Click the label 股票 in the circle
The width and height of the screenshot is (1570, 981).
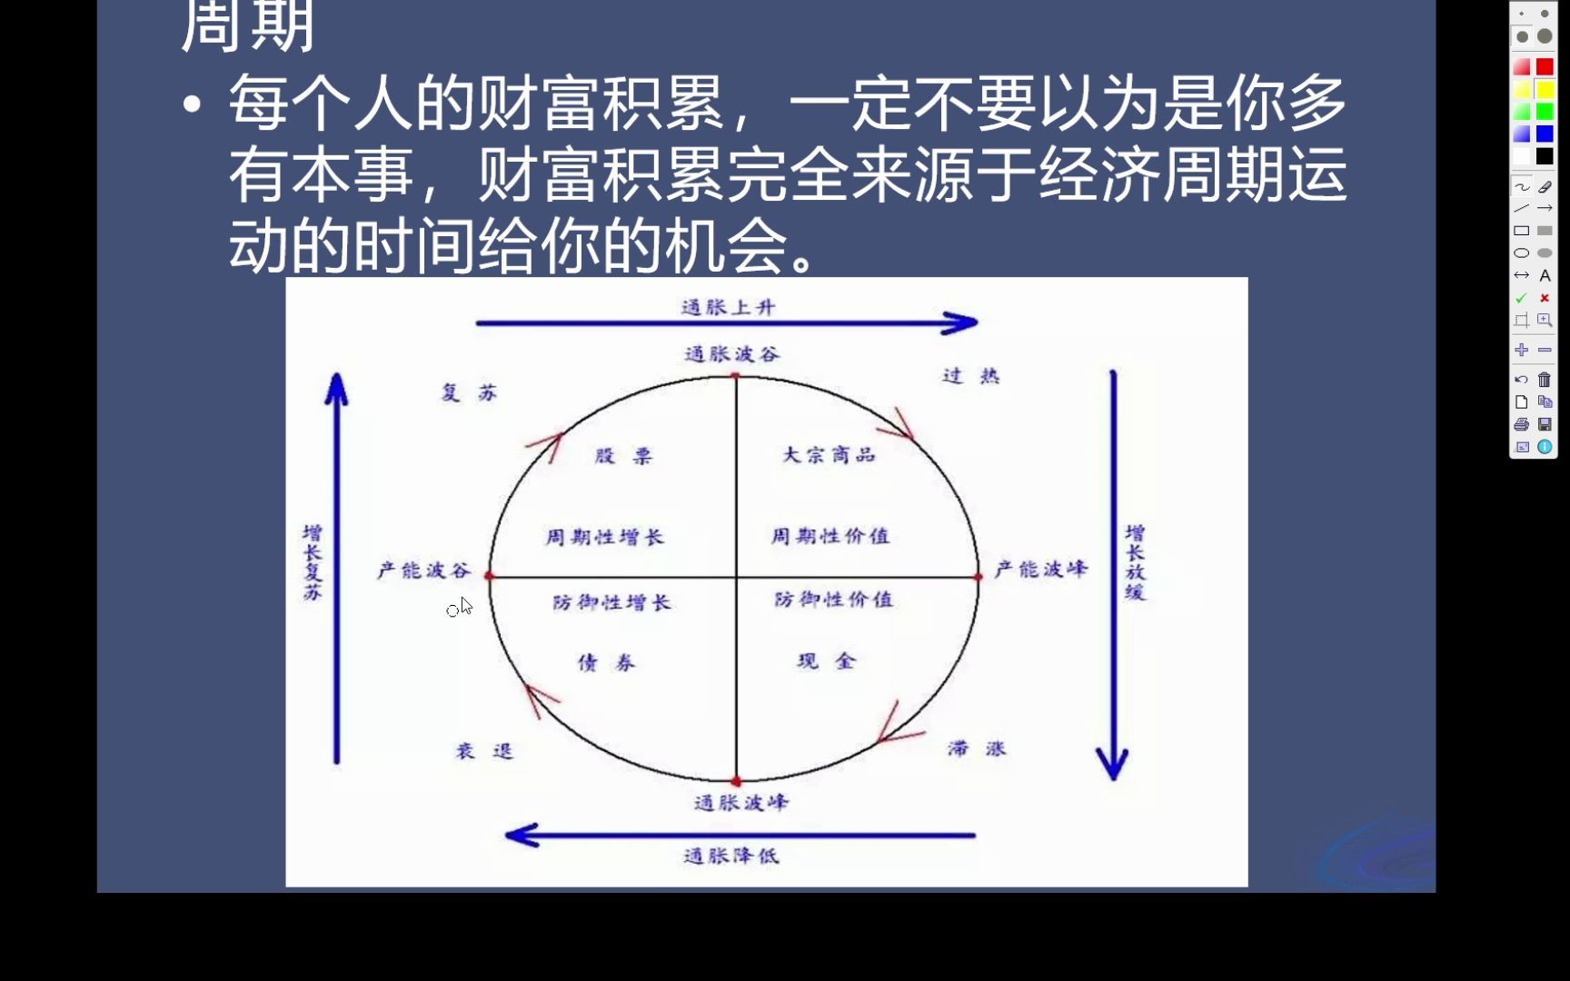pos(624,456)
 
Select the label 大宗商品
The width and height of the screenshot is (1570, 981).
pos(829,455)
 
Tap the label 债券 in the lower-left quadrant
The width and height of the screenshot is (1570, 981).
pos(607,663)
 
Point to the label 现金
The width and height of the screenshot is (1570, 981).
pos(826,661)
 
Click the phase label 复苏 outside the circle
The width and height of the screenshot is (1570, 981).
pos(469,392)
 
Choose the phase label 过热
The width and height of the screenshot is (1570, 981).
pos(970,376)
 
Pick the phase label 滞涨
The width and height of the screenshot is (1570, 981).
pos(977,749)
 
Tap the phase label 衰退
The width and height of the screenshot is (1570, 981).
pos(484,751)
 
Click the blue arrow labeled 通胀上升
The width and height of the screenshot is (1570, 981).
pos(727,322)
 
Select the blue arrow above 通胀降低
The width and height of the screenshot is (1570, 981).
pos(740,835)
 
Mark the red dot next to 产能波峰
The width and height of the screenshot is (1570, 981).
pos(979,577)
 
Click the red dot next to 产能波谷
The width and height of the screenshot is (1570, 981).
pos(490,576)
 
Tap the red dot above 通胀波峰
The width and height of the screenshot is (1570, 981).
pos(736,781)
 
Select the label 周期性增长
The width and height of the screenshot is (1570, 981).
pos(604,538)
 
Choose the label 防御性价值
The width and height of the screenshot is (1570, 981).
pos(833,599)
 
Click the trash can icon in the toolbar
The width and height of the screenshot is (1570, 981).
pos(1545,380)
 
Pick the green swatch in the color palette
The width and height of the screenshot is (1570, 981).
pos(1545,112)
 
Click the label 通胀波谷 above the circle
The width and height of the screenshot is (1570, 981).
pos(732,354)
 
